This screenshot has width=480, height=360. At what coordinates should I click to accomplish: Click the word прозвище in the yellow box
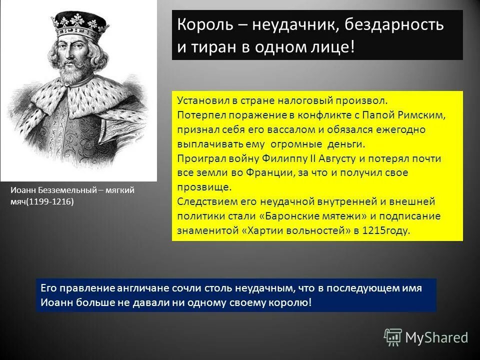204,187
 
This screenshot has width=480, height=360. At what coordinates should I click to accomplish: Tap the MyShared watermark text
436,338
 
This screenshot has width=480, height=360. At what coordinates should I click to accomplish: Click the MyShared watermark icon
393,337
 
